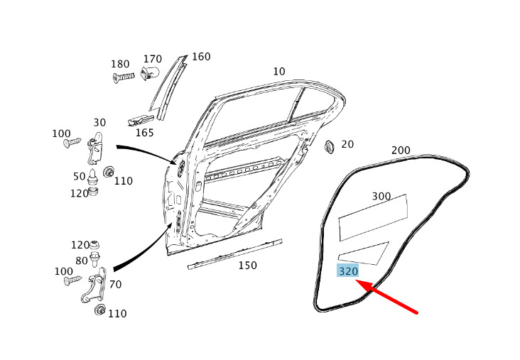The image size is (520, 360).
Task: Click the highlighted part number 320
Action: [x=348, y=271]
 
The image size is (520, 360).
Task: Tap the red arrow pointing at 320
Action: [x=386, y=296]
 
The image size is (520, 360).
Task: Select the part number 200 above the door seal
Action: [x=401, y=150]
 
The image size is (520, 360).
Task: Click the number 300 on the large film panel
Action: [x=381, y=196]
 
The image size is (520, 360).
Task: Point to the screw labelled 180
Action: [x=124, y=77]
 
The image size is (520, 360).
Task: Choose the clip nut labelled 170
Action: [x=150, y=73]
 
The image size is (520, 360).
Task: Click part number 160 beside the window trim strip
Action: [x=201, y=57]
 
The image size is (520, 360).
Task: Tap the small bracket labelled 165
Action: [x=141, y=120]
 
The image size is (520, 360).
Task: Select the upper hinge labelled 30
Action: [x=96, y=148]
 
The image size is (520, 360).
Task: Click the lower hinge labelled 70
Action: [x=94, y=285]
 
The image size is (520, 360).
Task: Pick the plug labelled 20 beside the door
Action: [x=330, y=146]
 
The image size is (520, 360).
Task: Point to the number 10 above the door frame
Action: [x=279, y=71]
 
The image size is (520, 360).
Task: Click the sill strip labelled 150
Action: [x=235, y=253]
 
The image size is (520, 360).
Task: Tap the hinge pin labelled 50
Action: [x=92, y=177]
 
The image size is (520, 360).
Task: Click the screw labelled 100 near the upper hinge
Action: [x=72, y=143]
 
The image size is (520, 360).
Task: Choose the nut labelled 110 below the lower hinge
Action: [x=99, y=310]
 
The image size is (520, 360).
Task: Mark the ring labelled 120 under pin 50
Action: [x=93, y=191]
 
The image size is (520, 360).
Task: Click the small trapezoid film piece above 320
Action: [x=364, y=253]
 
